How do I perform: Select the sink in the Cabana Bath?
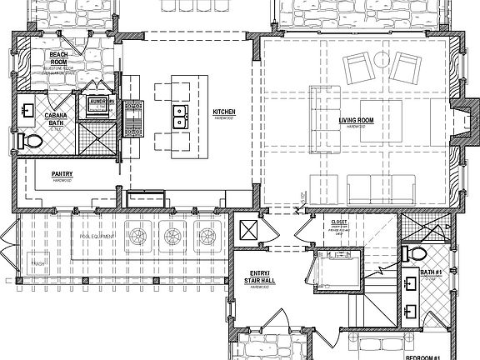click(28, 109)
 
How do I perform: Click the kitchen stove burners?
click(132, 118)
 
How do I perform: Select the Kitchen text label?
click(224, 112)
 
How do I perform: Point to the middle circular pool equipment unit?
click(172, 236)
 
